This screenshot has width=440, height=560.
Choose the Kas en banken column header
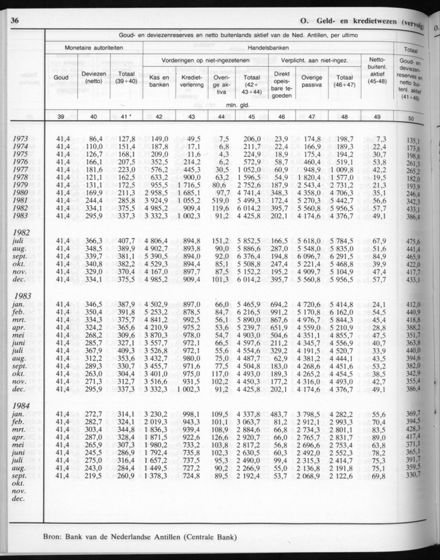tap(159, 80)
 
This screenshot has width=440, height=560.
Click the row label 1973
tap(21, 139)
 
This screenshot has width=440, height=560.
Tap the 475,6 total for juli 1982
tap(413, 241)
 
